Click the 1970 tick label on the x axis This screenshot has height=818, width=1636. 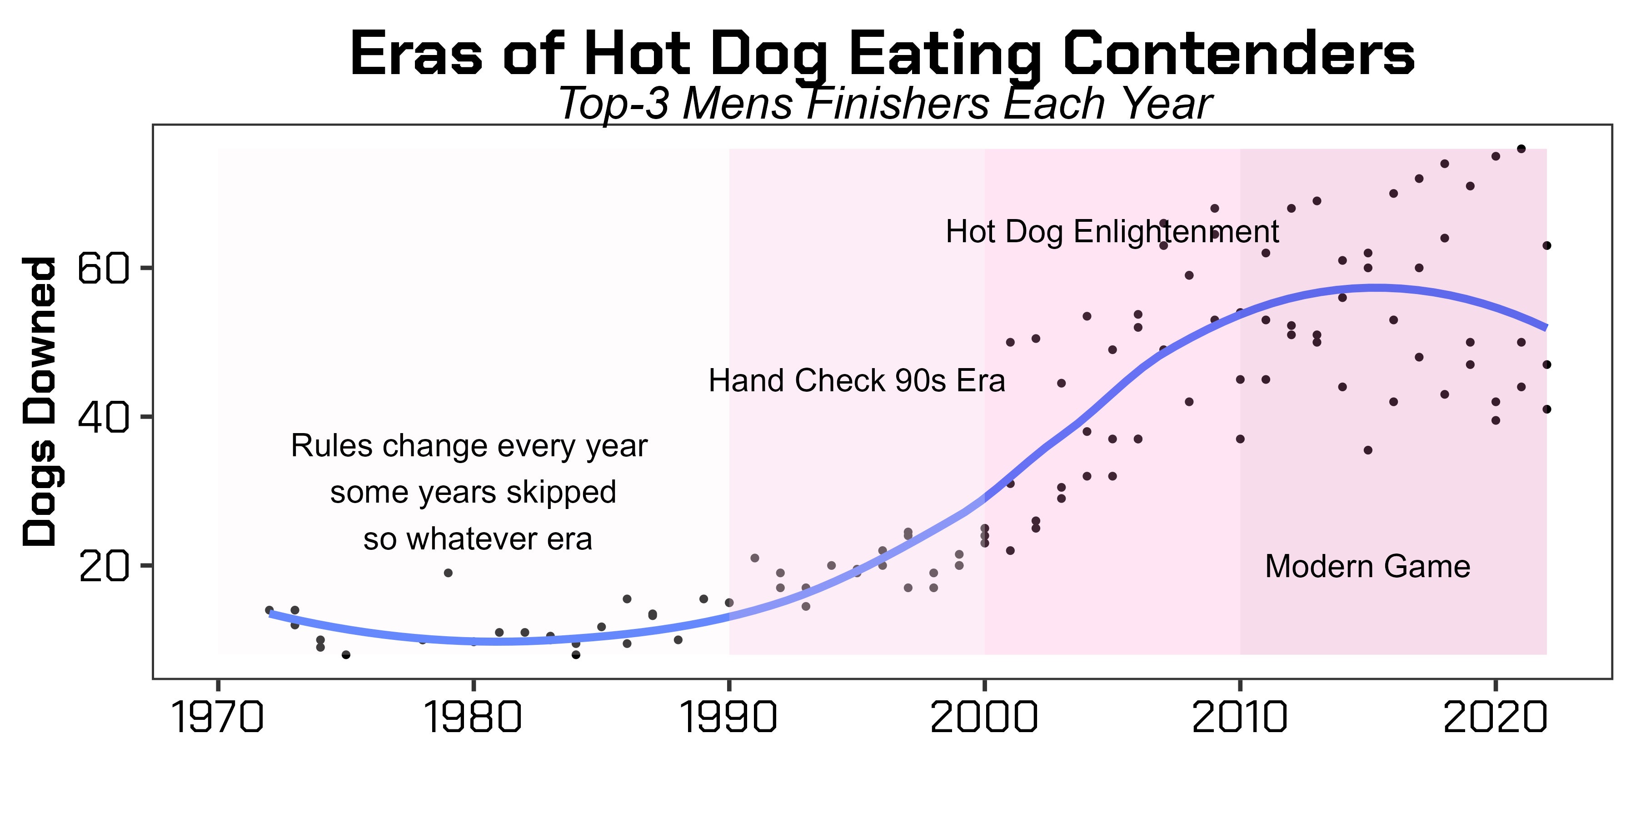click(218, 718)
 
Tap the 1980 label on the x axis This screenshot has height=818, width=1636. click(473, 718)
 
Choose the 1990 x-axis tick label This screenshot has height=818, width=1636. click(729, 718)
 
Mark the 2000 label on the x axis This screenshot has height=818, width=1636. click(984, 718)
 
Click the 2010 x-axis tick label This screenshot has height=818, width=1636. click(1240, 718)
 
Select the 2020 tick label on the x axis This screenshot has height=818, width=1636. click(1496, 718)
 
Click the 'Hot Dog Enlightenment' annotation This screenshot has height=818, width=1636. click(1112, 232)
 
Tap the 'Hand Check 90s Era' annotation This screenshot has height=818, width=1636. click(857, 381)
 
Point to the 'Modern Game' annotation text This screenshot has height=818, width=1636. click(1367, 567)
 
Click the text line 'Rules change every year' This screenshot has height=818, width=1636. click(469, 446)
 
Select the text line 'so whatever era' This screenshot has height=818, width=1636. click(478, 539)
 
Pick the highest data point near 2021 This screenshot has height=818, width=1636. click(1521, 149)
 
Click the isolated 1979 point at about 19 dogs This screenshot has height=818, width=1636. click(448, 573)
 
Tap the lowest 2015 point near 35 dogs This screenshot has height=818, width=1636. click(1368, 450)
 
